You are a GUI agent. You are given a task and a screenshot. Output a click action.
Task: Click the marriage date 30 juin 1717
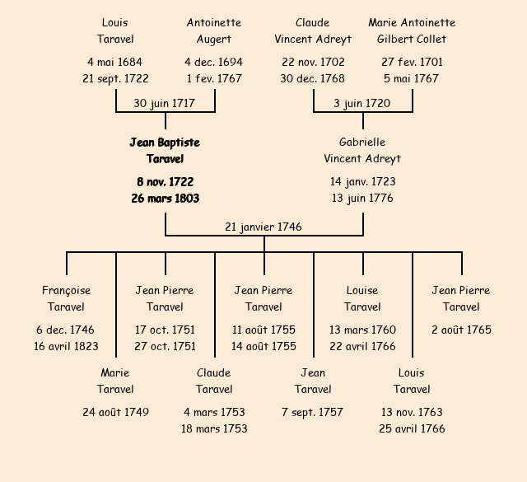coord(165,103)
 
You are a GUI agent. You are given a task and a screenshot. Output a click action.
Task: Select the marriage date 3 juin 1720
coord(362,103)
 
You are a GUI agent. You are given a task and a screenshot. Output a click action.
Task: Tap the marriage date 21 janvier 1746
coord(263,227)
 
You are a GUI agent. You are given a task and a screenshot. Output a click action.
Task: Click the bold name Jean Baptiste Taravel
coord(165,151)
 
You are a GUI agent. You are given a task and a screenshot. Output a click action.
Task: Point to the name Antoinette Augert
coord(214,30)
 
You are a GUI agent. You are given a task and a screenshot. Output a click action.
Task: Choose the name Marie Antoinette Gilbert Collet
coord(412,30)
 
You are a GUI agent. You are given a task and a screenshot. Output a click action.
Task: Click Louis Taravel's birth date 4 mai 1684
coord(115,62)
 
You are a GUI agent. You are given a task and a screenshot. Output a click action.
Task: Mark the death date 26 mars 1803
coord(165,198)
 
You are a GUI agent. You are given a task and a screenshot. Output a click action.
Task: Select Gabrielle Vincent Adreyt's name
coord(362,151)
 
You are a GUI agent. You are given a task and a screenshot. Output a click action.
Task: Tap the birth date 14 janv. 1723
coord(362,181)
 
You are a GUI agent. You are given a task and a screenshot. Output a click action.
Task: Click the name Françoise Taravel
coord(67,298)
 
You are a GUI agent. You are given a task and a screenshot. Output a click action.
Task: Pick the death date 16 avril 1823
coord(67,346)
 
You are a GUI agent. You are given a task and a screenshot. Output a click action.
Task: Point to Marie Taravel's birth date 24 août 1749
coord(115,412)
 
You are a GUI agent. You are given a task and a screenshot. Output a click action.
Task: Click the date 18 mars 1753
coord(214,428)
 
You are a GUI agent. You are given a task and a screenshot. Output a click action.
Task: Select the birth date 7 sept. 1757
coord(313,412)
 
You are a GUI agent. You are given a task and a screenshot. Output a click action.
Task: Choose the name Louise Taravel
coord(362,298)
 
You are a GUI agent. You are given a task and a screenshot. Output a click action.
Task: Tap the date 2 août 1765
coord(461,330)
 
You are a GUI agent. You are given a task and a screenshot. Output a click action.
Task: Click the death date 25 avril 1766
coord(412,428)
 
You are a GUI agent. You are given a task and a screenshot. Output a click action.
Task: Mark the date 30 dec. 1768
coord(313,78)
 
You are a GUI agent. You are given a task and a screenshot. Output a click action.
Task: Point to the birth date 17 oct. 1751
coord(165,330)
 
